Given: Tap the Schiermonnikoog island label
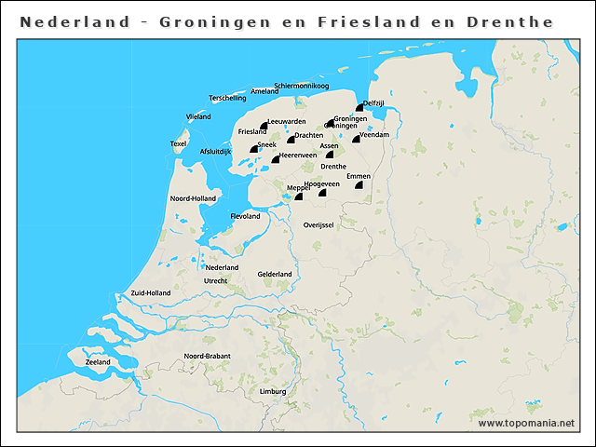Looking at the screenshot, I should click(x=303, y=87).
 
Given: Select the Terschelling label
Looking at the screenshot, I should click(x=228, y=98).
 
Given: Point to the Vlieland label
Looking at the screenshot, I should click(x=198, y=116).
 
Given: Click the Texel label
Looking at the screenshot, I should click(x=178, y=143).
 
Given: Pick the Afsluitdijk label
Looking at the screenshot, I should click(x=215, y=151).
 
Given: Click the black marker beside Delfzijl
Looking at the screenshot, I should click(x=359, y=109).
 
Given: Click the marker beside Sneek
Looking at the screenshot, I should click(x=253, y=149).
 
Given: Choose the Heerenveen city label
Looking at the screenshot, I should click(x=298, y=156).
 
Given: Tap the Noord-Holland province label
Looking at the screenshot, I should click(x=193, y=198).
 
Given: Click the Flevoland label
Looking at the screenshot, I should click(x=245, y=216).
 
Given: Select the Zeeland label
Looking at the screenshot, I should click(x=98, y=362).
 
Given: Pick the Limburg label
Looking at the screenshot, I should click(x=273, y=392).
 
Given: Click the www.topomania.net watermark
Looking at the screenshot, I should click(x=526, y=423).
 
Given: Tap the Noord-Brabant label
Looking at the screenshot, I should click(x=207, y=356).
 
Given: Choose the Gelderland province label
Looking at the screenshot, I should click(x=275, y=274).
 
